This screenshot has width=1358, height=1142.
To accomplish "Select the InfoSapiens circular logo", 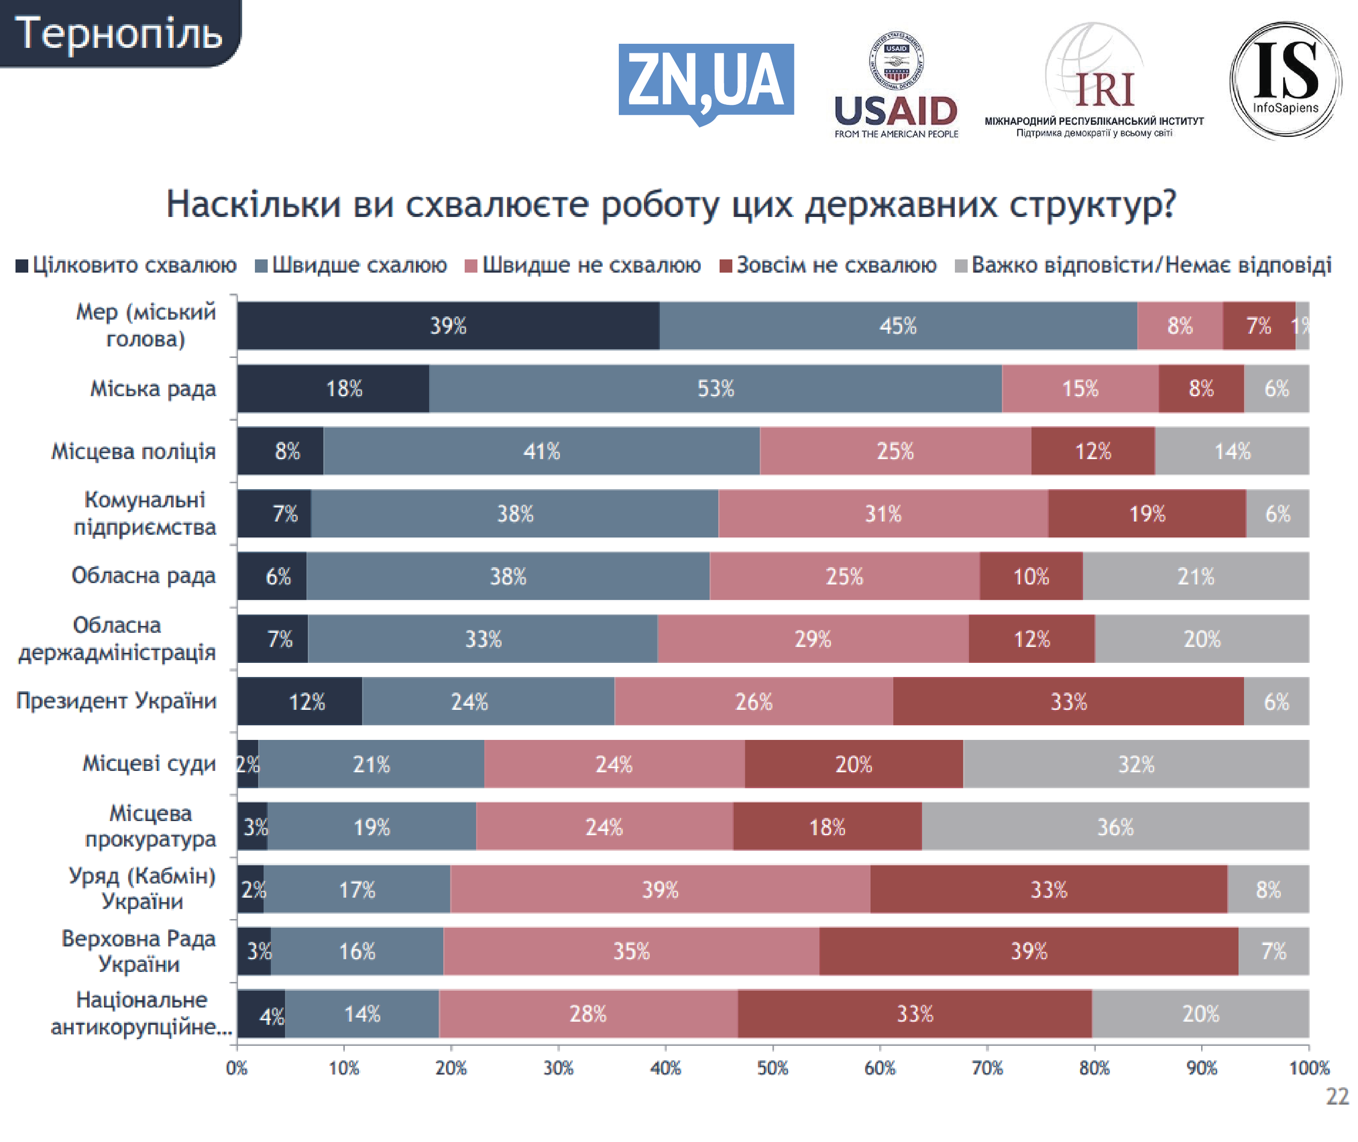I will point(1285,81).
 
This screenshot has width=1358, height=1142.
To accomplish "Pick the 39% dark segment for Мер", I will point(448,326).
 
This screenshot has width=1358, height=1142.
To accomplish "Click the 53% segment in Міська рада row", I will point(715,388).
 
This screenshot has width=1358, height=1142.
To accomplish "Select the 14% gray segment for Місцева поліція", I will point(1232,451).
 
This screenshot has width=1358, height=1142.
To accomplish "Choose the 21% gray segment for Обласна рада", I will point(1196,576).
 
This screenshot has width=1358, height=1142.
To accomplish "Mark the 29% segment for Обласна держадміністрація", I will point(813,639).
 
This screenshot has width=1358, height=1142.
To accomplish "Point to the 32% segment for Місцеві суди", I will point(1136,764).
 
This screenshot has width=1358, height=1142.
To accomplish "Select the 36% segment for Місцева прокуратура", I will point(1115,827).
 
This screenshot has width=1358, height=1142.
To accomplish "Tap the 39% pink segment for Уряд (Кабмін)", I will point(660,889).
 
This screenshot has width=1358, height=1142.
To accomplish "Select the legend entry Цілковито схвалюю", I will point(127,265).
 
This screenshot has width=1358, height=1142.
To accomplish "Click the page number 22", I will point(1337,1097).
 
